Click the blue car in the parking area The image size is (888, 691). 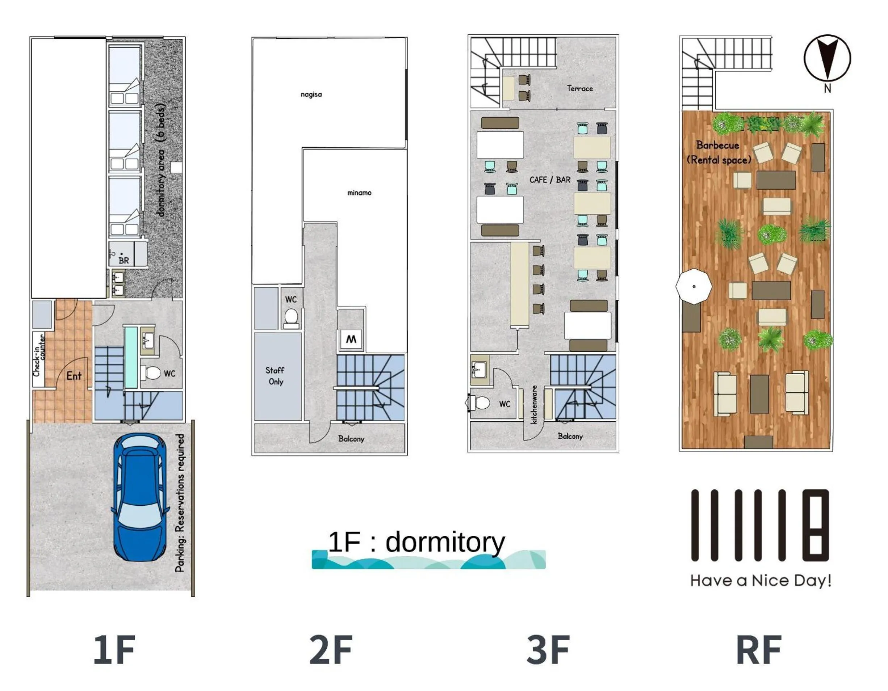140,497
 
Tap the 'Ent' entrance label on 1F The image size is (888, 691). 74,376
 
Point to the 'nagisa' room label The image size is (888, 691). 311,94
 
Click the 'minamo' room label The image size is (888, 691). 359,193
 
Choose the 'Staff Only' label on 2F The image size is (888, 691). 275,376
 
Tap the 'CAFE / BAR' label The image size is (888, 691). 550,180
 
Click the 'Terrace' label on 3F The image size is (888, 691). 580,88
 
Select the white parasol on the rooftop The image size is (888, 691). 694,286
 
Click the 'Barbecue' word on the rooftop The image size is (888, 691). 718,145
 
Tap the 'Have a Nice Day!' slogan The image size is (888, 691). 760,581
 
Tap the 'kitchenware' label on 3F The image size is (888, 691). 534,404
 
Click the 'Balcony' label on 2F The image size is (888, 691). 351,439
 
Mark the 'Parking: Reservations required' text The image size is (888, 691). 180,503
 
